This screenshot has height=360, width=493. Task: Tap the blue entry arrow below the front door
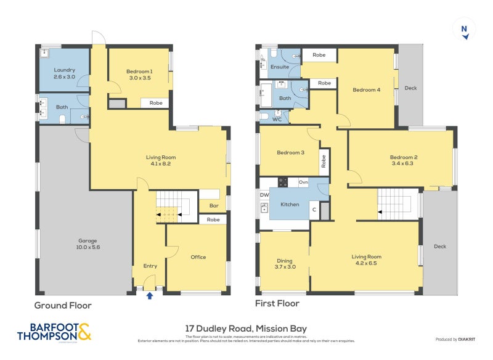149,295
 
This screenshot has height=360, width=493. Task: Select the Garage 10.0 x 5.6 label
86,244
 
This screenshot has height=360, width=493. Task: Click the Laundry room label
64,74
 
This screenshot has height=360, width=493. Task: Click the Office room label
198,257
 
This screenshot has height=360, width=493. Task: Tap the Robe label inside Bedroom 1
156,103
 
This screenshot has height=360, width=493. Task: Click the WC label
277,120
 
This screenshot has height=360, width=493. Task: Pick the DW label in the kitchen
264,195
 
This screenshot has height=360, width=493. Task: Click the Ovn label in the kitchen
303,182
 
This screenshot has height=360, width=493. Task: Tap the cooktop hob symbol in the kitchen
283,182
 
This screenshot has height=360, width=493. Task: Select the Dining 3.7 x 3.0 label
284,264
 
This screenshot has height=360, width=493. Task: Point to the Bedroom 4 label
366,90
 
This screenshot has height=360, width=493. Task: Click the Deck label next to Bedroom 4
410,88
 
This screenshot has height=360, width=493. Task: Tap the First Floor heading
277,303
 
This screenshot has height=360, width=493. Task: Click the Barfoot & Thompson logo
54,332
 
